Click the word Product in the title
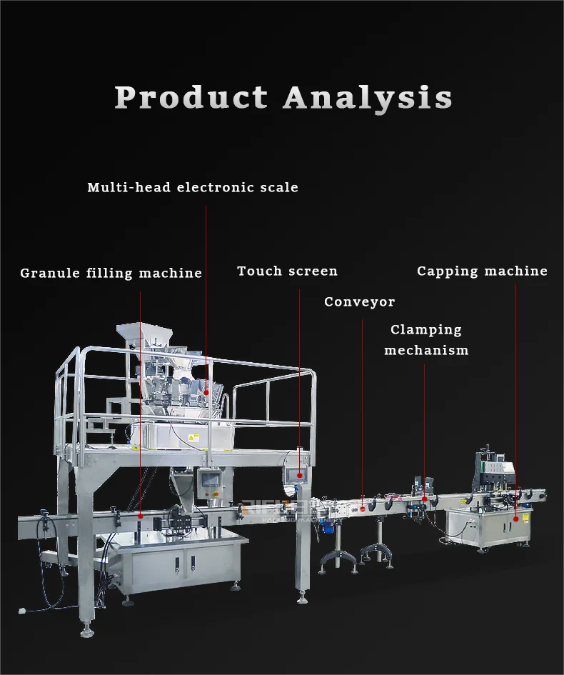pyautogui.click(x=191, y=97)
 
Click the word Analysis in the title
pyautogui.click(x=368, y=97)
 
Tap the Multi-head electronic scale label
pyautogui.click(x=193, y=188)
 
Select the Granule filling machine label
pyautogui.click(x=111, y=273)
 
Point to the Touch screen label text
pyautogui.click(x=287, y=271)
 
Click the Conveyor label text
pyautogui.click(x=359, y=301)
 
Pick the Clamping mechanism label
pyautogui.click(x=426, y=340)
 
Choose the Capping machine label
pyautogui.click(x=482, y=271)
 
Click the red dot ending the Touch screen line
pyautogui.click(x=299, y=474)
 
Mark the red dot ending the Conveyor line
pyautogui.click(x=362, y=509)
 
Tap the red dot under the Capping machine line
pyautogui.click(x=515, y=508)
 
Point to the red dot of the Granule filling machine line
pyautogui.click(x=140, y=515)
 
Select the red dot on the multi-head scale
pyautogui.click(x=206, y=391)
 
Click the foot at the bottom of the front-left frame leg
pyautogui.click(x=87, y=631)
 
